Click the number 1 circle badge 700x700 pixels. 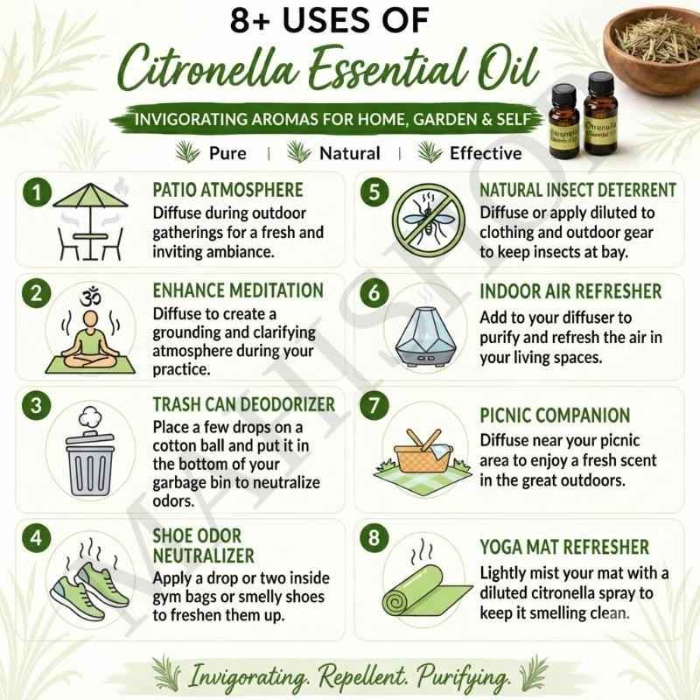[x=37, y=192]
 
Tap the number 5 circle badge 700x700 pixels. [x=374, y=192]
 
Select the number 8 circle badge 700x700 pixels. [x=374, y=537]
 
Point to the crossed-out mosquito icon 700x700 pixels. [x=429, y=221]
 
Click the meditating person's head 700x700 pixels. [x=91, y=319]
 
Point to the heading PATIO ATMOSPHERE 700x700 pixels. [x=227, y=190]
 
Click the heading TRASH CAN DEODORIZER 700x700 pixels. [x=244, y=404]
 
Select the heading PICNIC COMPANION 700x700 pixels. [x=555, y=415]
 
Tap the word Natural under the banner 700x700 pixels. [x=350, y=154]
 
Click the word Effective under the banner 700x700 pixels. [x=486, y=154]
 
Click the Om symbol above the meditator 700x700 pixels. [x=91, y=297]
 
